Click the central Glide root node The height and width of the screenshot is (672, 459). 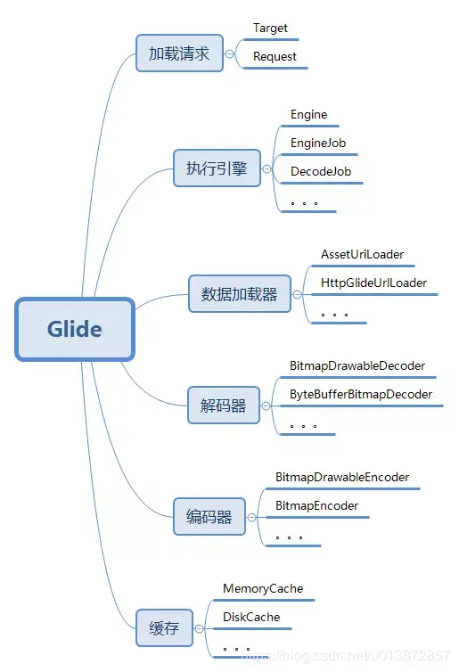point(75,329)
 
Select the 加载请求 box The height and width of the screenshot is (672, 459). point(179,53)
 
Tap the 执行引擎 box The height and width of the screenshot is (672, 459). point(217,168)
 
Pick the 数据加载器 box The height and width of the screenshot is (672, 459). point(240,293)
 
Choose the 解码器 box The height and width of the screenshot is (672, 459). point(224,405)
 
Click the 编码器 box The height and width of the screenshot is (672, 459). point(209,516)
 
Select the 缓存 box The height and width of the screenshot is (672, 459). point(164,627)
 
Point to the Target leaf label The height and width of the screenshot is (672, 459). point(270,29)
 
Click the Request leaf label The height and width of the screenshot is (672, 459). point(275,56)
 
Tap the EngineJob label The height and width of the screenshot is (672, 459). point(318,143)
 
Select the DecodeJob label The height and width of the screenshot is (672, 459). point(321,171)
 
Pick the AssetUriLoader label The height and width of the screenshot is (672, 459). point(362,254)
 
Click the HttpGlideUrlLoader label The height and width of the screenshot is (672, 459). point(373,283)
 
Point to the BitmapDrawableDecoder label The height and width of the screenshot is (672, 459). point(357,365)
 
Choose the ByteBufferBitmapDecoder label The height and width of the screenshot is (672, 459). point(361,394)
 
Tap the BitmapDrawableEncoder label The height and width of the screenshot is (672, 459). point(342,477)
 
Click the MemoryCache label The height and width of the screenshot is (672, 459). point(263,588)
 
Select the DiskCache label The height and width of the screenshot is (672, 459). point(251,617)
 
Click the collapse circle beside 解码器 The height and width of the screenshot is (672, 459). point(266,406)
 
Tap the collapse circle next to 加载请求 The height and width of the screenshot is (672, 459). point(230,54)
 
